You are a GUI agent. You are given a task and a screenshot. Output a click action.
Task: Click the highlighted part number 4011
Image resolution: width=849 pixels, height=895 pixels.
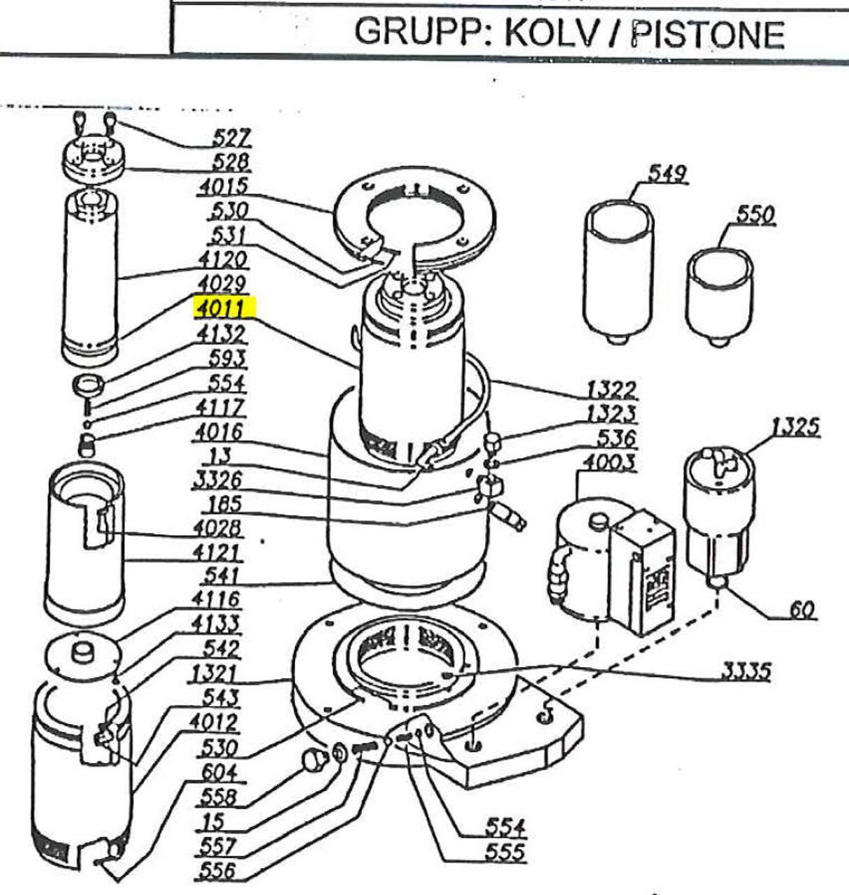click(x=225, y=308)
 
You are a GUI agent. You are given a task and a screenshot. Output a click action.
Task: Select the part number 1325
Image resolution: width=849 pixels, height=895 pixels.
click(x=795, y=426)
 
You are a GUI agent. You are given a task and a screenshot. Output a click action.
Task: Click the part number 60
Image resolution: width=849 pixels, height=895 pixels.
click(x=802, y=610)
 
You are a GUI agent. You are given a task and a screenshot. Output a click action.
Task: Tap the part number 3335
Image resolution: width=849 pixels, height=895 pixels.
click(x=746, y=672)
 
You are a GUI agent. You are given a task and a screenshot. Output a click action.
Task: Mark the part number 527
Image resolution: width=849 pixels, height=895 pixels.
click(x=232, y=138)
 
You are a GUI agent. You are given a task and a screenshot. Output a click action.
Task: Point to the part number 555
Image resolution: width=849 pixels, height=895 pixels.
click(x=505, y=852)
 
